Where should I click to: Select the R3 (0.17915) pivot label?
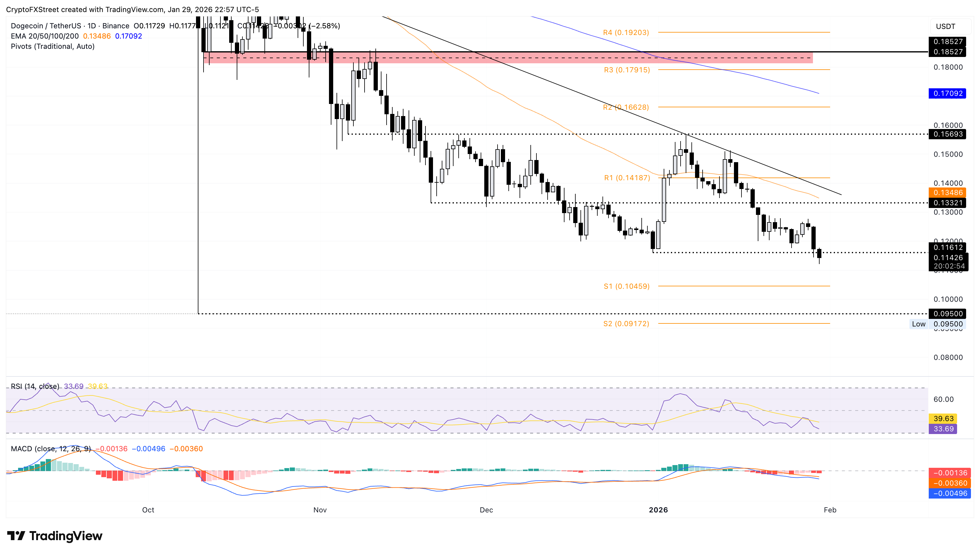pyautogui.click(x=627, y=70)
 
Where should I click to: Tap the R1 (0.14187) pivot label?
pyautogui.click(x=627, y=178)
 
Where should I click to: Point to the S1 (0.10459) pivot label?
pyautogui.click(x=626, y=286)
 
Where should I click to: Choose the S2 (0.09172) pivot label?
pyautogui.click(x=626, y=324)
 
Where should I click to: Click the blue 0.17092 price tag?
pyautogui.click(x=947, y=93)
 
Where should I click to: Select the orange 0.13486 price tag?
pyautogui.click(x=947, y=193)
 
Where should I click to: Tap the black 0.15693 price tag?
pyautogui.click(x=947, y=134)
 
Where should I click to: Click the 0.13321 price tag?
pyautogui.click(x=947, y=203)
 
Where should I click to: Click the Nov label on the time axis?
pyautogui.click(x=320, y=510)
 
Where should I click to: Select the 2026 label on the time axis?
pyautogui.click(x=658, y=510)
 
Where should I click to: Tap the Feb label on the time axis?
pyautogui.click(x=830, y=510)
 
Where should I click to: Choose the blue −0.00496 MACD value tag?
pyautogui.click(x=950, y=493)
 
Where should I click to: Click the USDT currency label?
pyautogui.click(x=945, y=26)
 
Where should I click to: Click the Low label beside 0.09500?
pyautogui.click(x=918, y=324)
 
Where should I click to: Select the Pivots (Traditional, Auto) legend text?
pyautogui.click(x=52, y=46)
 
